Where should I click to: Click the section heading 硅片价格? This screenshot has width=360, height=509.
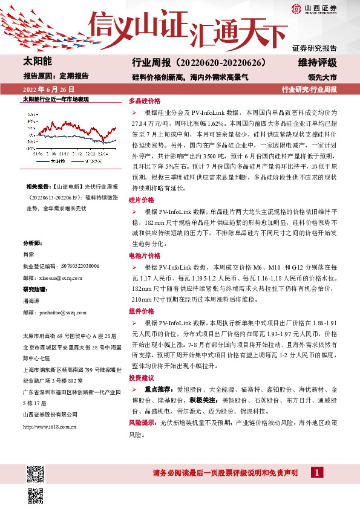pos(142,199)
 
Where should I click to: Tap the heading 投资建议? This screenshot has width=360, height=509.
pos(142,378)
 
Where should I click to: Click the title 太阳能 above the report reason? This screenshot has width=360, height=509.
pos(38,62)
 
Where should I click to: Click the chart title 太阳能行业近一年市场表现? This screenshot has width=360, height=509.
pos(56,99)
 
